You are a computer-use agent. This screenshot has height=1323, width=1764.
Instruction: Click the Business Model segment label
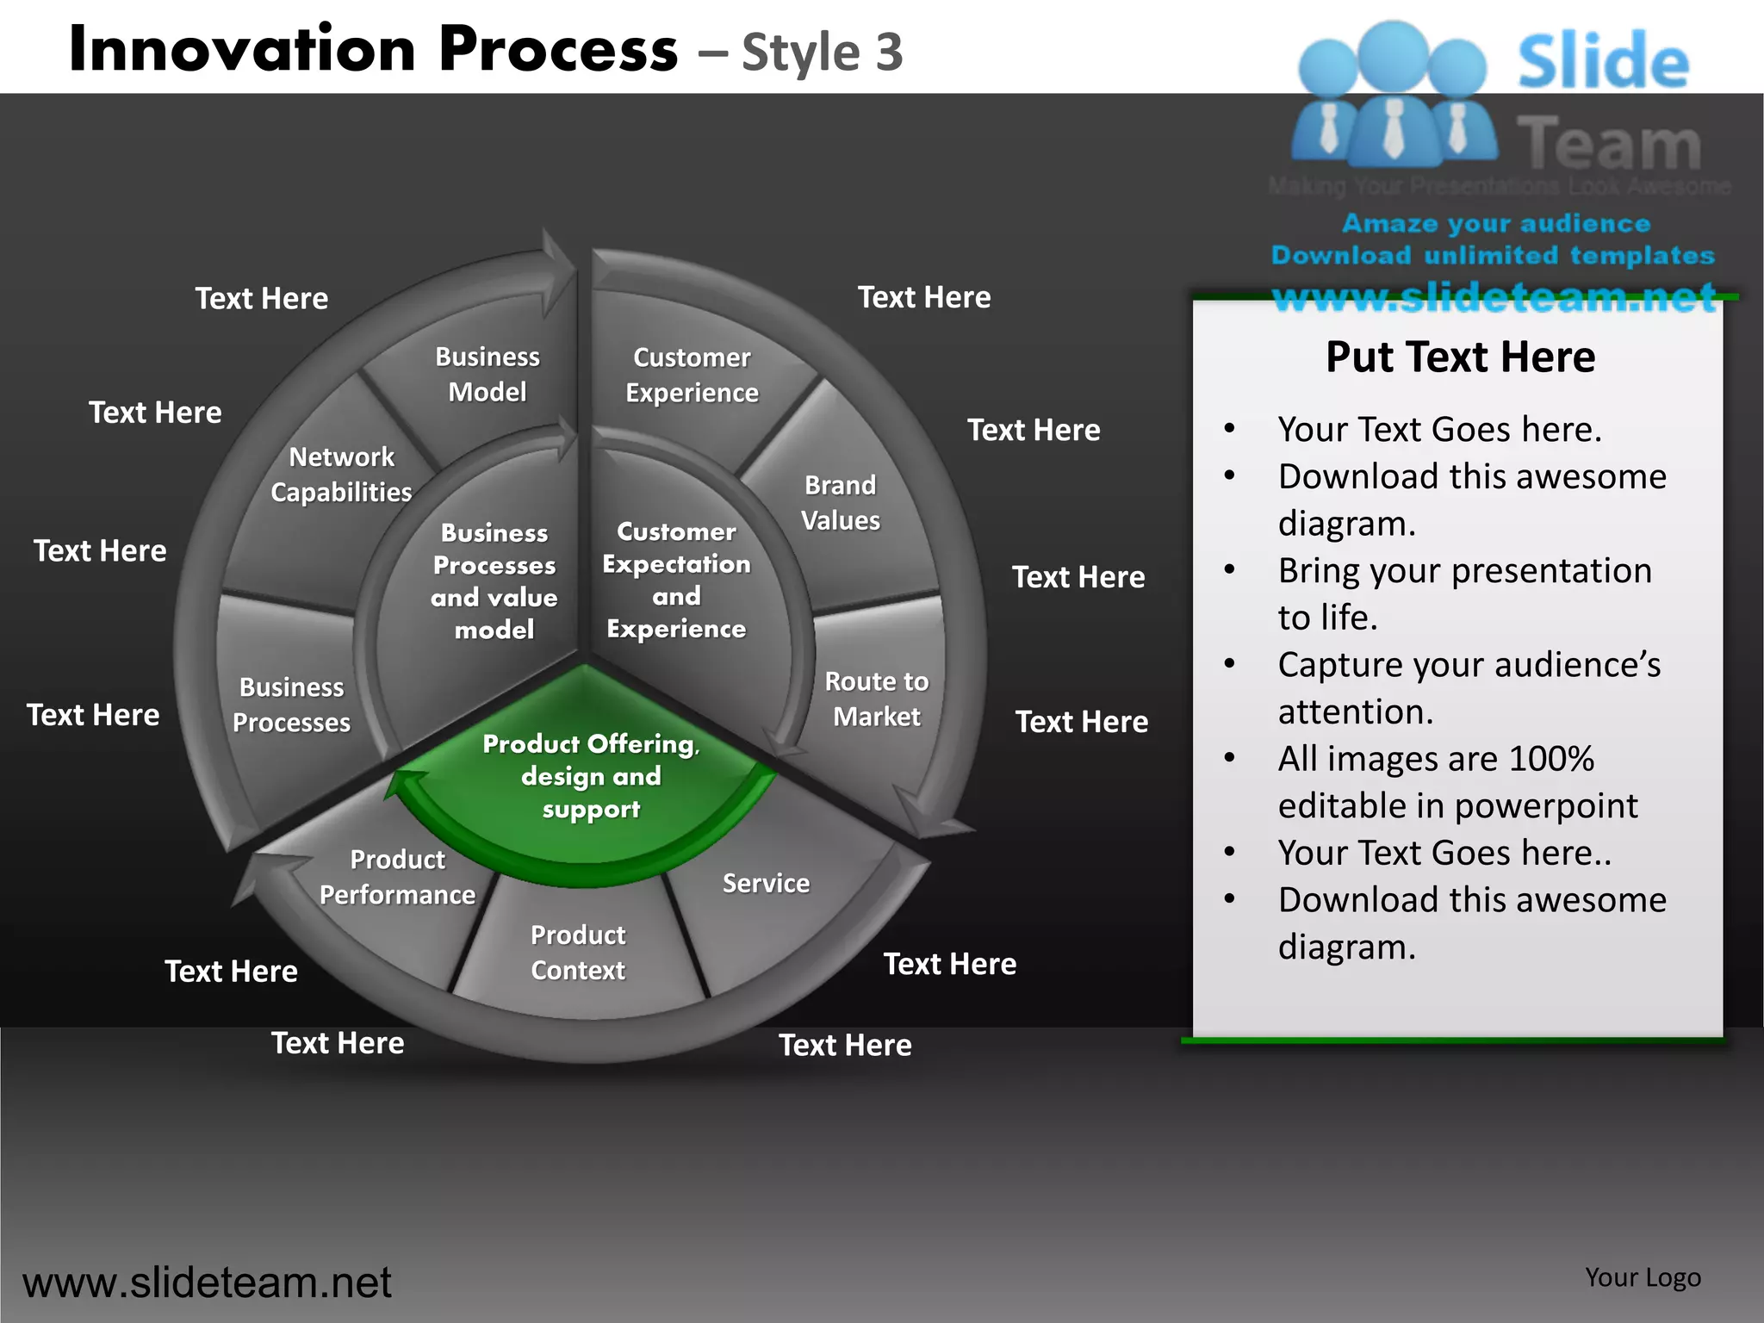click(x=488, y=374)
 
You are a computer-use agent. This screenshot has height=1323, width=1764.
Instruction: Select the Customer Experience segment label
click(x=692, y=375)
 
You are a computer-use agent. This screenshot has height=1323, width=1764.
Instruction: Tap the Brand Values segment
click(x=840, y=503)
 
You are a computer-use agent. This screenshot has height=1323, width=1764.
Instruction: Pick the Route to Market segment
click(x=877, y=699)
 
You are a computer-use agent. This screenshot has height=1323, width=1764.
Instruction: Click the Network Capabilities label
click(x=341, y=474)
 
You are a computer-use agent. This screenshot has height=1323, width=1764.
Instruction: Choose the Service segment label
click(x=766, y=883)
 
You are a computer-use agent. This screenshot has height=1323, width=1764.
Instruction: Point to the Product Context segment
click(x=578, y=952)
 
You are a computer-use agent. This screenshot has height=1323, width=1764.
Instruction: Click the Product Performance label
click(x=397, y=877)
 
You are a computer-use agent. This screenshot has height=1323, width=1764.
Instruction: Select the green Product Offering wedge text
click(x=591, y=775)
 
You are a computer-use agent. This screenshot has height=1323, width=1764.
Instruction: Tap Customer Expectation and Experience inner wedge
click(x=676, y=580)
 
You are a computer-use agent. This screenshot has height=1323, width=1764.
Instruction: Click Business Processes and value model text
click(x=494, y=581)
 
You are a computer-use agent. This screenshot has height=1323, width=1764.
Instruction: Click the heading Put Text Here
click(x=1460, y=357)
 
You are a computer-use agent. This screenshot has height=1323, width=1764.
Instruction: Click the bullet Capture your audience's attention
click(x=1469, y=687)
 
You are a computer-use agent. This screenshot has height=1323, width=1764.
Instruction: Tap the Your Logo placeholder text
click(x=1643, y=1277)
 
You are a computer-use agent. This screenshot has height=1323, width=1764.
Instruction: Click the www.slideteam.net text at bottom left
click(x=207, y=1283)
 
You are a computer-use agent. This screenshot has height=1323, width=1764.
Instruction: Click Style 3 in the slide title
click(x=822, y=53)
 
